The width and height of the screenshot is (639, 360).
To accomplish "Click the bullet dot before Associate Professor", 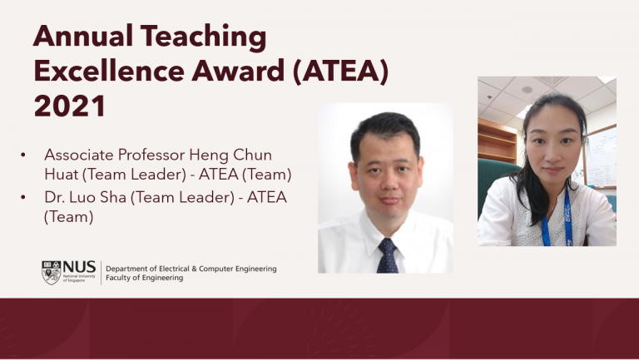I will point(23,155).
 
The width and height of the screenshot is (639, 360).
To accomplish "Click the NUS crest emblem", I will point(51,273).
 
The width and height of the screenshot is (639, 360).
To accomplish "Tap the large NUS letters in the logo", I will point(79,267).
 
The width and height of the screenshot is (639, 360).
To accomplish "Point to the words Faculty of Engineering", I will point(144,279).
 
